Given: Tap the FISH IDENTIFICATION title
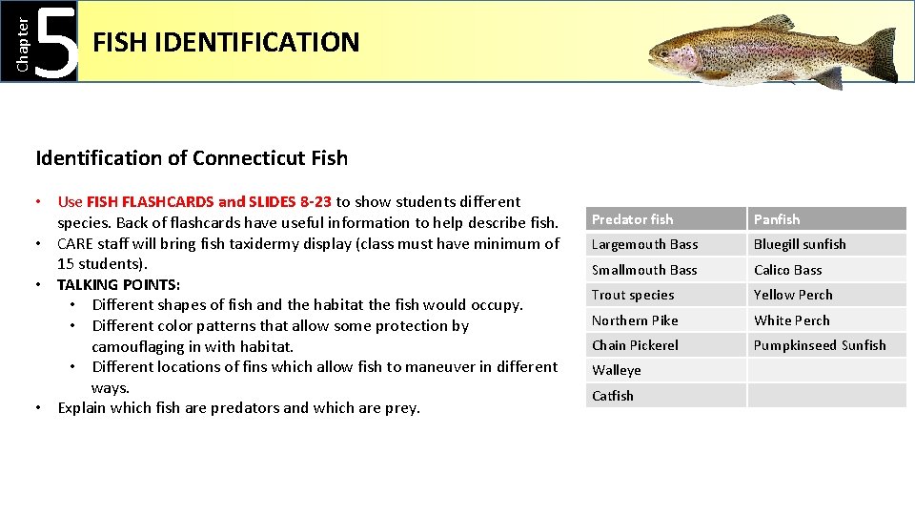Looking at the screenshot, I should click(x=226, y=43).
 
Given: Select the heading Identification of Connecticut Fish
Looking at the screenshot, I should click(x=192, y=158).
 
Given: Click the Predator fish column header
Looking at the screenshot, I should click(x=632, y=219).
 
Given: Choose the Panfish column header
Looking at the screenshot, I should click(x=777, y=219).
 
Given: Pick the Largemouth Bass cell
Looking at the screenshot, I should click(x=644, y=244).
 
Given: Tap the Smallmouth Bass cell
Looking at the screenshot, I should click(x=644, y=270).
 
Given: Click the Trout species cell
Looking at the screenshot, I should click(x=633, y=295).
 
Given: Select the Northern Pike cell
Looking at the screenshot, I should click(x=635, y=320).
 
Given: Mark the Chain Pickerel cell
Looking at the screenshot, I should click(x=635, y=345).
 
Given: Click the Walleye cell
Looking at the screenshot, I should click(x=617, y=370).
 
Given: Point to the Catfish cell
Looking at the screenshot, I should click(x=613, y=396).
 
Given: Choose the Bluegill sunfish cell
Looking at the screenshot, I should click(x=800, y=244).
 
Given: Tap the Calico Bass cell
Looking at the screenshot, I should click(x=787, y=270).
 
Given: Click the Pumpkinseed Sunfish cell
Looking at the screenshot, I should click(x=820, y=345).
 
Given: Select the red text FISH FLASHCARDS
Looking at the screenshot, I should click(x=150, y=202).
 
